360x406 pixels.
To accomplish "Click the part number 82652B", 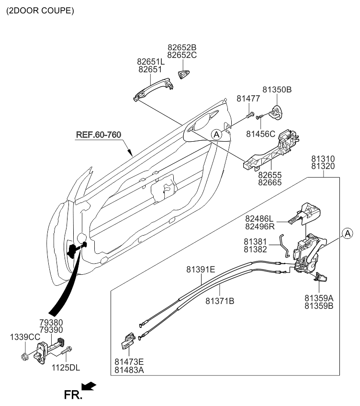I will coord(182,48).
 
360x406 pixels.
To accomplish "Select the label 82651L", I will coord(151,62).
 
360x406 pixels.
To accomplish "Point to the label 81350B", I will coord(277,90).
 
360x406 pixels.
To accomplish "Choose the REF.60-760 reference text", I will coord(98,135).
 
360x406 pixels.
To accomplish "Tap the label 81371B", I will coord(220,301).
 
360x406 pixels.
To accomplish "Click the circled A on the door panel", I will coord(216,135).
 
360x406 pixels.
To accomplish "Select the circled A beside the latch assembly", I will coord(347,233).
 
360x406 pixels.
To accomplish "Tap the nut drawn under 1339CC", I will coord(24,357).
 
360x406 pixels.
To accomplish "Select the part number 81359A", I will coord(318,298).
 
